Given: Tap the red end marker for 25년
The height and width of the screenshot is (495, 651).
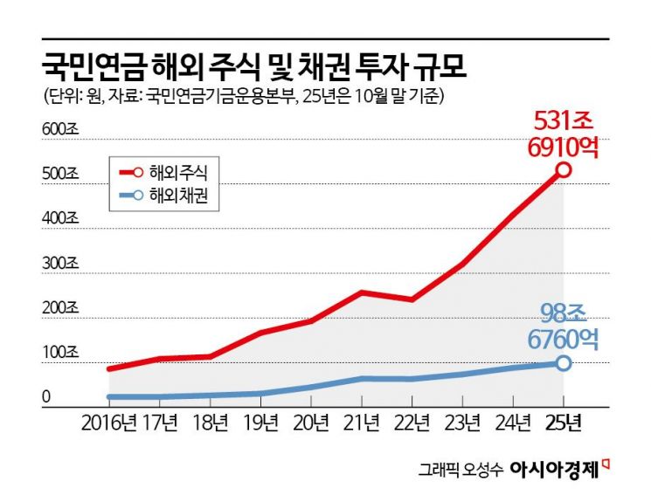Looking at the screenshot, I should click(x=564, y=169).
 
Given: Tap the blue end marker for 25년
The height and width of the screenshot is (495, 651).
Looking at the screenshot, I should click(x=564, y=362).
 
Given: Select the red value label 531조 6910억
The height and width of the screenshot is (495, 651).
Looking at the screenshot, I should click(x=563, y=134).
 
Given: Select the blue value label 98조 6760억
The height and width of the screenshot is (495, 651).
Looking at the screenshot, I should click(x=563, y=326).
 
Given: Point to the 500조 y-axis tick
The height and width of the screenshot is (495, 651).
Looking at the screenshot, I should click(x=60, y=174).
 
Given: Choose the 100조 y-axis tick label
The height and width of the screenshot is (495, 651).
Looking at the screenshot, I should click(x=60, y=353).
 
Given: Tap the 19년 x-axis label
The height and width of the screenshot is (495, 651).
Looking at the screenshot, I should click(x=260, y=424).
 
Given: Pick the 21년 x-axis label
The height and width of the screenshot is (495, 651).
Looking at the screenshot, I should click(x=361, y=424).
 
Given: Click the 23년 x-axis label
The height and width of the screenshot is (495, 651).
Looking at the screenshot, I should click(x=462, y=424).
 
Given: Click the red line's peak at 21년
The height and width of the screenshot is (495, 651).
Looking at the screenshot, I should click(x=362, y=292).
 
